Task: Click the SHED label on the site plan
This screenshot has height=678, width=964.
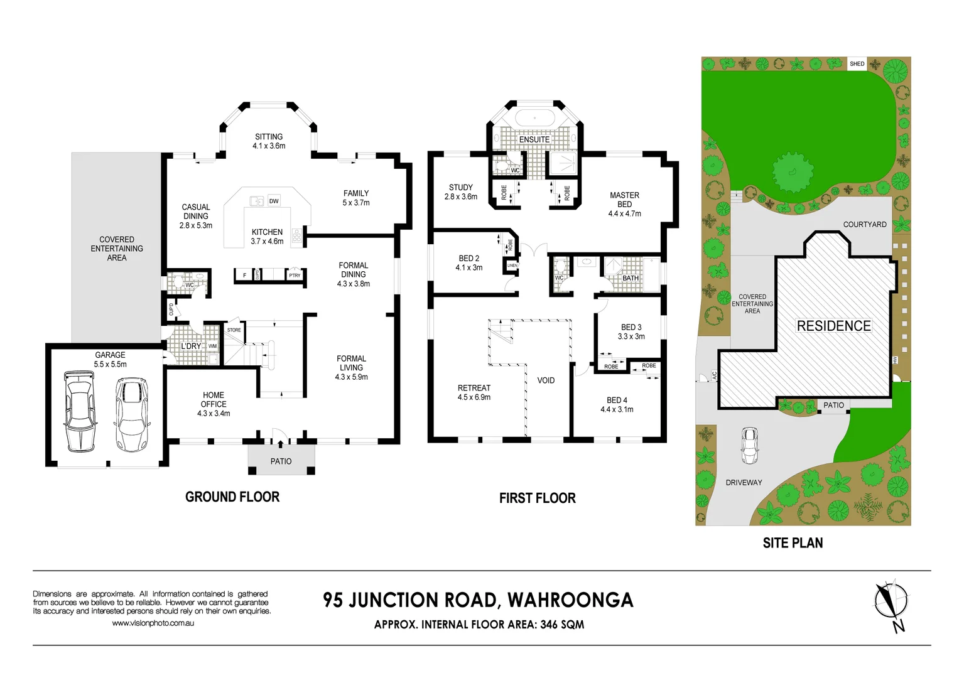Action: tap(857, 63)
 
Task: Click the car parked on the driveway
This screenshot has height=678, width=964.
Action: tap(749, 445)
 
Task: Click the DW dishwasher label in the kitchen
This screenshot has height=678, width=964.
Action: tap(274, 202)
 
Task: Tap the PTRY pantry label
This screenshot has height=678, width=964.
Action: tap(295, 275)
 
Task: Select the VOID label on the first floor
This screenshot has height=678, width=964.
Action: tap(546, 380)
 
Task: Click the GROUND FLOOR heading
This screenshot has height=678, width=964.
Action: tap(232, 497)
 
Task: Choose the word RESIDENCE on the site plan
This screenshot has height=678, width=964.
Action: tap(833, 326)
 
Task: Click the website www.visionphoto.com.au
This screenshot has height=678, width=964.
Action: tap(153, 623)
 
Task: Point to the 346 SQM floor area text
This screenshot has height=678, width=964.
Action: tap(562, 625)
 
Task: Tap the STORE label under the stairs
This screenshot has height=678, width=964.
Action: tap(234, 330)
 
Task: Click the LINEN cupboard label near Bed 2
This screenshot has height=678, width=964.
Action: tap(512, 266)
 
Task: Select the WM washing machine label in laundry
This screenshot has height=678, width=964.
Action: tap(212, 346)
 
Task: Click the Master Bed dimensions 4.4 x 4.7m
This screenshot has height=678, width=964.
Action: tap(624, 213)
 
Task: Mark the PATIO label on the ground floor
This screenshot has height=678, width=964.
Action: tap(281, 461)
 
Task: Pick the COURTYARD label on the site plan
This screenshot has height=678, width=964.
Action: tap(864, 224)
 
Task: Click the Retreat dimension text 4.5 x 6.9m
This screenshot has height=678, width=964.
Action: tap(474, 397)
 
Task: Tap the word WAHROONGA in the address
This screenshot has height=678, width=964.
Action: tap(570, 600)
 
